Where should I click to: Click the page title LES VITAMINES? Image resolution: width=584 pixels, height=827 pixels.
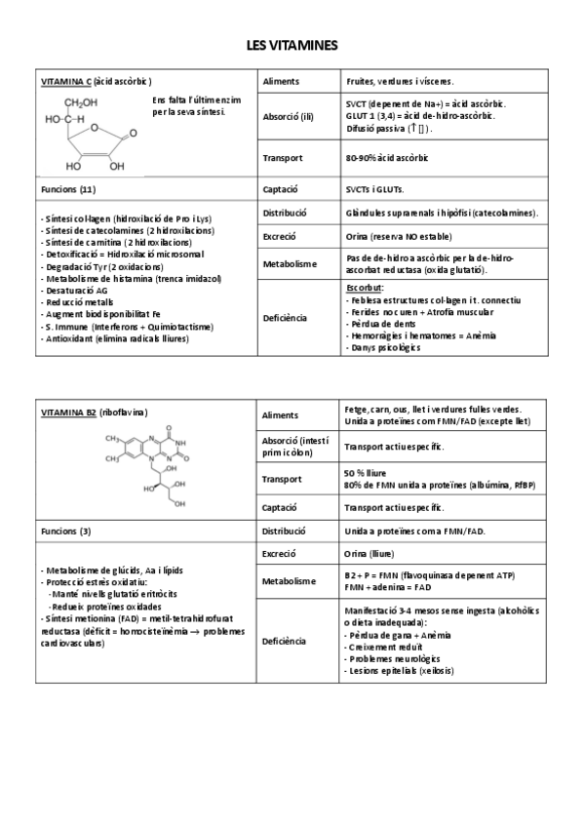[292, 45]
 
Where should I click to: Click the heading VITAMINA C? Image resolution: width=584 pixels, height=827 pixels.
[65, 81]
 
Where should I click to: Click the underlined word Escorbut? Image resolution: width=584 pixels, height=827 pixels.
[365, 289]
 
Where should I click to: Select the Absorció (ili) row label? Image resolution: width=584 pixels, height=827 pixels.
[289, 117]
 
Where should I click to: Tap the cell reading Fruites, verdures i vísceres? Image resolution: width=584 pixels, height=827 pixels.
[406, 81]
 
